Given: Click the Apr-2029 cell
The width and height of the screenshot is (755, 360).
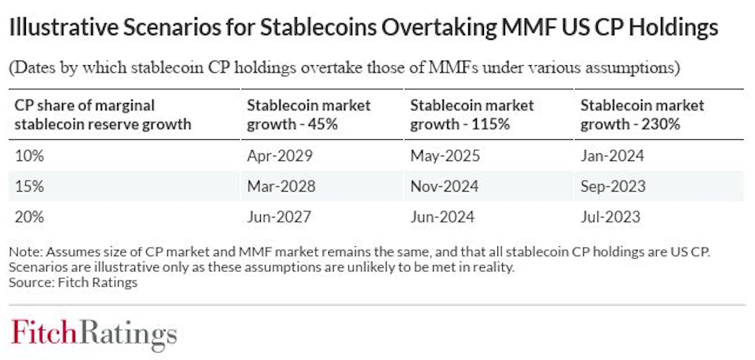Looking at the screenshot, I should point(280,156).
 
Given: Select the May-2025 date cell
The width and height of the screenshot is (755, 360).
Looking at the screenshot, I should point(445,156).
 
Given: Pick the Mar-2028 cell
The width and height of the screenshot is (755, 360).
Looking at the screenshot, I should point(280,186).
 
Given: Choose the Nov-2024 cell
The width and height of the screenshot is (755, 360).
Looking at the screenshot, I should point(445,186).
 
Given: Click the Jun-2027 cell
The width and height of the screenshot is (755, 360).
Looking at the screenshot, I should point(280,216).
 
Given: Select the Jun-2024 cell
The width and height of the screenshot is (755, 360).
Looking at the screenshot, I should point(443,216).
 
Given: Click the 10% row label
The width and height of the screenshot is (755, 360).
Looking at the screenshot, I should point(29,156).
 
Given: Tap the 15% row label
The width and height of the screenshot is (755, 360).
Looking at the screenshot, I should point(29,186).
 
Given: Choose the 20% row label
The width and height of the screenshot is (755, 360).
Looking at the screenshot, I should point(30,216).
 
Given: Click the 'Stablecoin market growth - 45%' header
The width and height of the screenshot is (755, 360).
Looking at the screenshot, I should point(309,114).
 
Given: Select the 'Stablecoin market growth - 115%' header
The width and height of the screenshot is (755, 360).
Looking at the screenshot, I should point(472,114).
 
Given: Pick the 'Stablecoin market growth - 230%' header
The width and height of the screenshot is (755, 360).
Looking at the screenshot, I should point(642,114).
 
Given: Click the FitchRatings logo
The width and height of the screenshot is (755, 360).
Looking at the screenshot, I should point(93,332).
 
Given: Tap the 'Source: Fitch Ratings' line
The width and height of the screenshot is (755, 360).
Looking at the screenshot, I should point(73,282).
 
